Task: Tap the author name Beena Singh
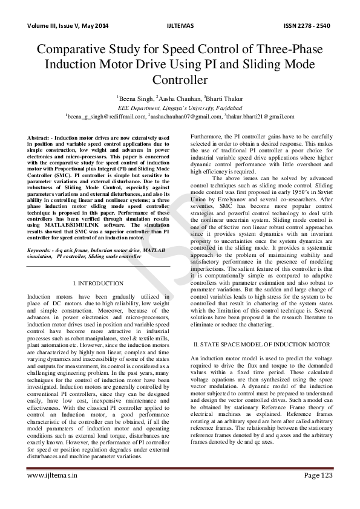coord(135,97)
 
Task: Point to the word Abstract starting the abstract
coord(38,138)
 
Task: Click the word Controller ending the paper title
coord(180,79)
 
